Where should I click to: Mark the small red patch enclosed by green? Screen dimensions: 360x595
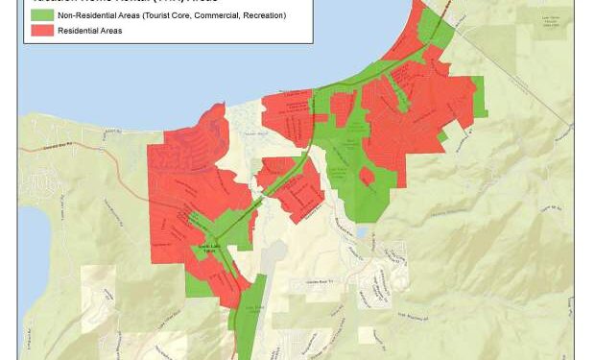tap(367, 176)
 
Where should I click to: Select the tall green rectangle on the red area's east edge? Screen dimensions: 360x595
tap(477, 96)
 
